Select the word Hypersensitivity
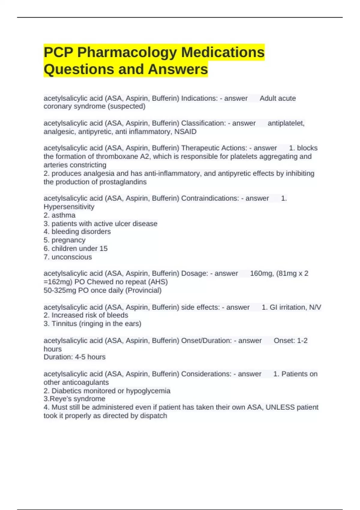[x=69, y=207]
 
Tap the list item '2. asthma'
[x=59, y=215]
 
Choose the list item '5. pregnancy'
[x=64, y=240]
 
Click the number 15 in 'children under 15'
[x=103, y=248]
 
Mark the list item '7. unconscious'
[x=68, y=257]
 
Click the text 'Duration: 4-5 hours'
[x=74, y=357]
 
